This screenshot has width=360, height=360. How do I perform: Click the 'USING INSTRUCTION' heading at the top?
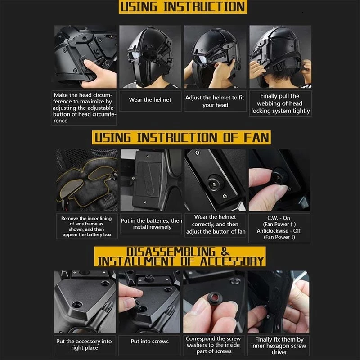pyautogui.click(x=183, y=7)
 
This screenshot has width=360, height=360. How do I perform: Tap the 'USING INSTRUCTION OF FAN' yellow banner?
pyautogui.click(x=181, y=138)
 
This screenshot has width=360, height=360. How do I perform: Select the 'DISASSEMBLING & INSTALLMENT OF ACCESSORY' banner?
pyautogui.click(x=180, y=256)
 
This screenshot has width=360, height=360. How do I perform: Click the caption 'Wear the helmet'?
pyautogui.click(x=150, y=99)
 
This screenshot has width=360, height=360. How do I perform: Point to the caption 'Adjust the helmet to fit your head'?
pyautogui.click(x=215, y=101)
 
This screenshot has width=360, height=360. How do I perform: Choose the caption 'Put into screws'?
pyautogui.click(x=149, y=342)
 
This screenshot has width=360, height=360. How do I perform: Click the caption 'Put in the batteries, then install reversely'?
pyautogui.click(x=152, y=224)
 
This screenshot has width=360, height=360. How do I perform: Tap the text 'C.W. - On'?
pyautogui.click(x=279, y=218)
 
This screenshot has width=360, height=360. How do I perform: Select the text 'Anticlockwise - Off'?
pyautogui.click(x=279, y=231)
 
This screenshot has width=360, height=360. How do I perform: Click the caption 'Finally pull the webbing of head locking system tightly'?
pyautogui.click(x=280, y=103)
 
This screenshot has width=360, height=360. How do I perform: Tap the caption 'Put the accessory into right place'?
pyautogui.click(x=84, y=344)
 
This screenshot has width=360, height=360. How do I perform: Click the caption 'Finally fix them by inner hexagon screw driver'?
pyautogui.click(x=279, y=346)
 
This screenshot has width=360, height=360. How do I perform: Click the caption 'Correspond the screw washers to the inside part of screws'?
pyautogui.click(x=213, y=345)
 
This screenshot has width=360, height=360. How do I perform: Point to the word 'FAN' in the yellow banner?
pyautogui.click(x=256, y=138)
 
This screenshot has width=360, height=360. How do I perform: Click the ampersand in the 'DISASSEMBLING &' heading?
pyautogui.click(x=225, y=252)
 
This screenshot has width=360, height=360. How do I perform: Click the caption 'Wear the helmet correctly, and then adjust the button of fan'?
pyautogui.click(x=216, y=224)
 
